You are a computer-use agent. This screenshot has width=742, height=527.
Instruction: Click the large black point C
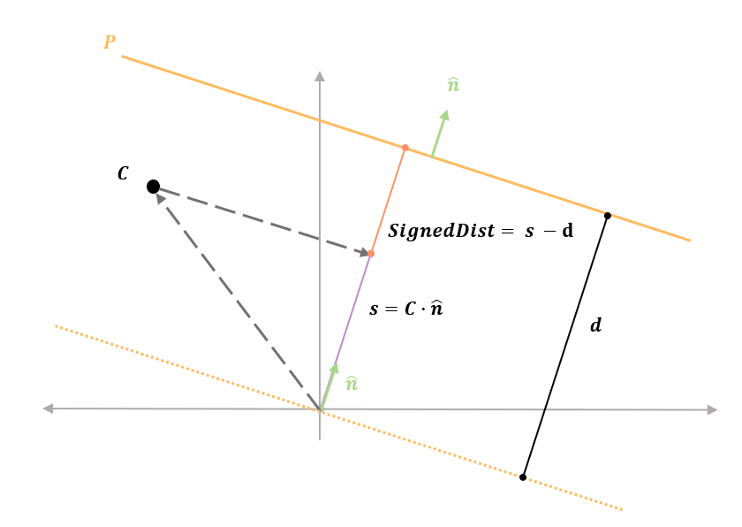point(153,187)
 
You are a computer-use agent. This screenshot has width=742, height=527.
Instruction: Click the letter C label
point(123,174)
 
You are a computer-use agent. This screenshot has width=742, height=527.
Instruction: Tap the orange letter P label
point(109,42)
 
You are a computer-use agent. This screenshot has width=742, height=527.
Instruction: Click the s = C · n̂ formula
point(405,309)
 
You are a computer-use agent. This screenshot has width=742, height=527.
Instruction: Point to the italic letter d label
point(596,325)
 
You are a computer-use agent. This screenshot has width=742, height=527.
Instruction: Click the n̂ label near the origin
point(351,383)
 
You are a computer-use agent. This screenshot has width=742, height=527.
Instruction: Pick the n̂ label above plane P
point(453,85)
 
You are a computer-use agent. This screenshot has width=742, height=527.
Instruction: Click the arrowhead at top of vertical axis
point(320,76)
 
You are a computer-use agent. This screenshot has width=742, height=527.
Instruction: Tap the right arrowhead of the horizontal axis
point(712,409)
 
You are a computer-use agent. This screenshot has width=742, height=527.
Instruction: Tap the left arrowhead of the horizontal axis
point(49,409)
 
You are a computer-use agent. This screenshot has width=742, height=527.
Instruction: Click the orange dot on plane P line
point(405,148)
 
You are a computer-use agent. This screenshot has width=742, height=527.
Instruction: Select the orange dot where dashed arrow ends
point(371,254)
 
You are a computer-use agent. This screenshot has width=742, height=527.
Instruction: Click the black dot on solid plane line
point(607,216)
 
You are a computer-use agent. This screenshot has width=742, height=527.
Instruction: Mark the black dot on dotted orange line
point(523,477)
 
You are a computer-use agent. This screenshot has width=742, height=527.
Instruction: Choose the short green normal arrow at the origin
point(328,386)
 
